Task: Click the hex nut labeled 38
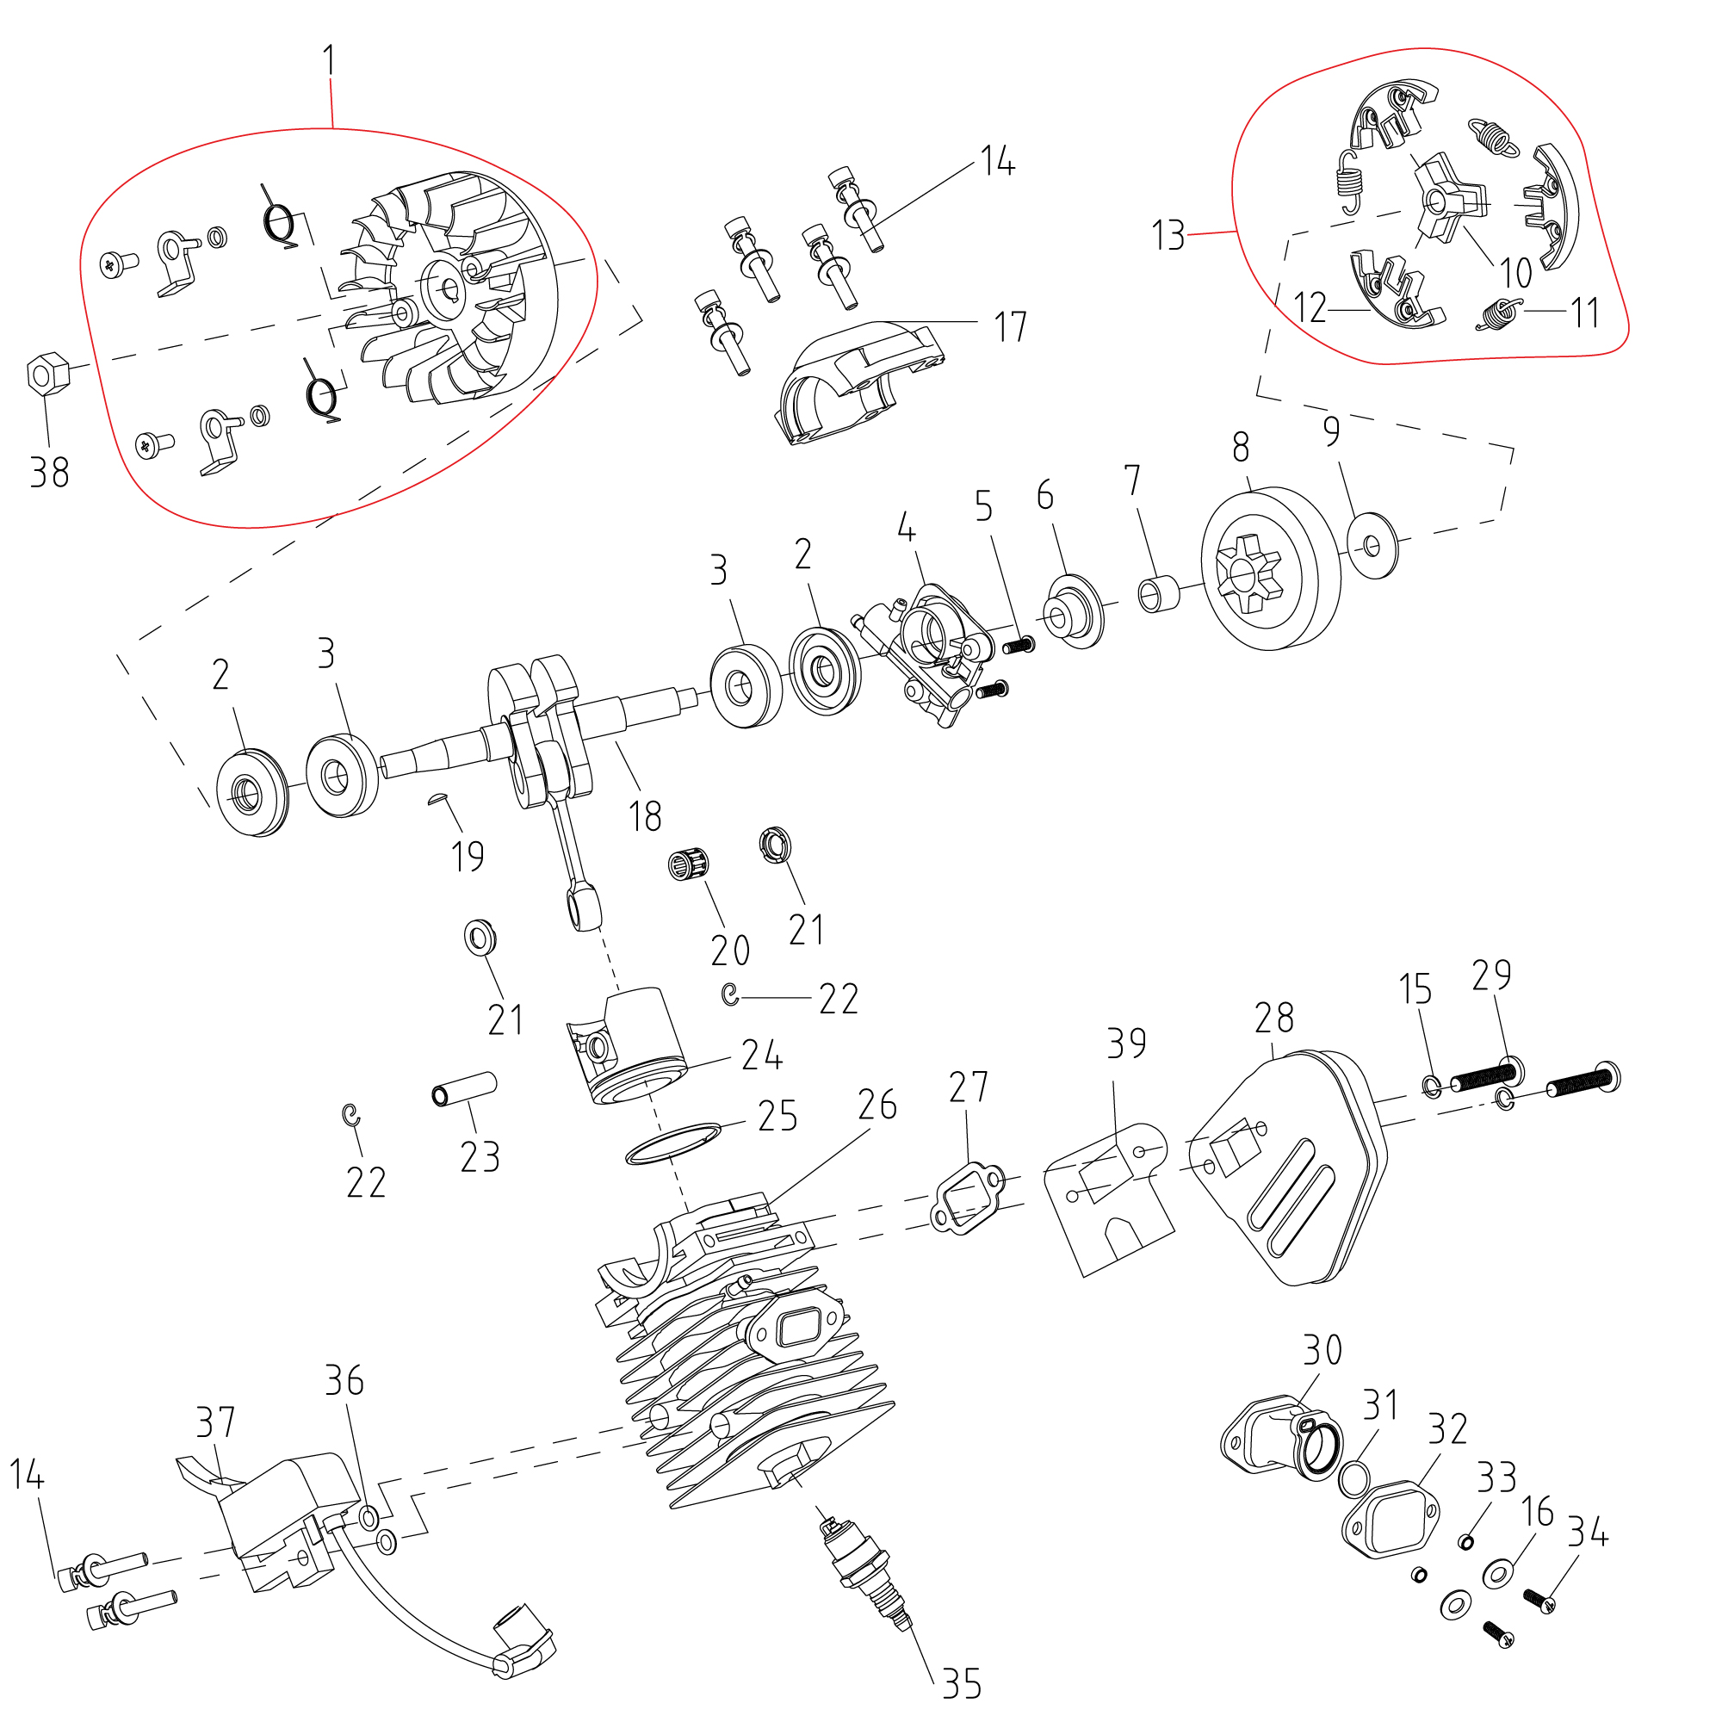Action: [48, 374]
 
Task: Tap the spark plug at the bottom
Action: [865, 1577]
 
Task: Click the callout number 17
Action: [1011, 327]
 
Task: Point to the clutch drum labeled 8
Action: [1270, 569]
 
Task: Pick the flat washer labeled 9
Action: [1373, 545]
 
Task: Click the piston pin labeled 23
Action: [464, 1088]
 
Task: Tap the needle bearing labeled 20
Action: [689, 864]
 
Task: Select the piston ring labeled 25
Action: [673, 1143]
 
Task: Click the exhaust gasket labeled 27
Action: [967, 1198]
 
